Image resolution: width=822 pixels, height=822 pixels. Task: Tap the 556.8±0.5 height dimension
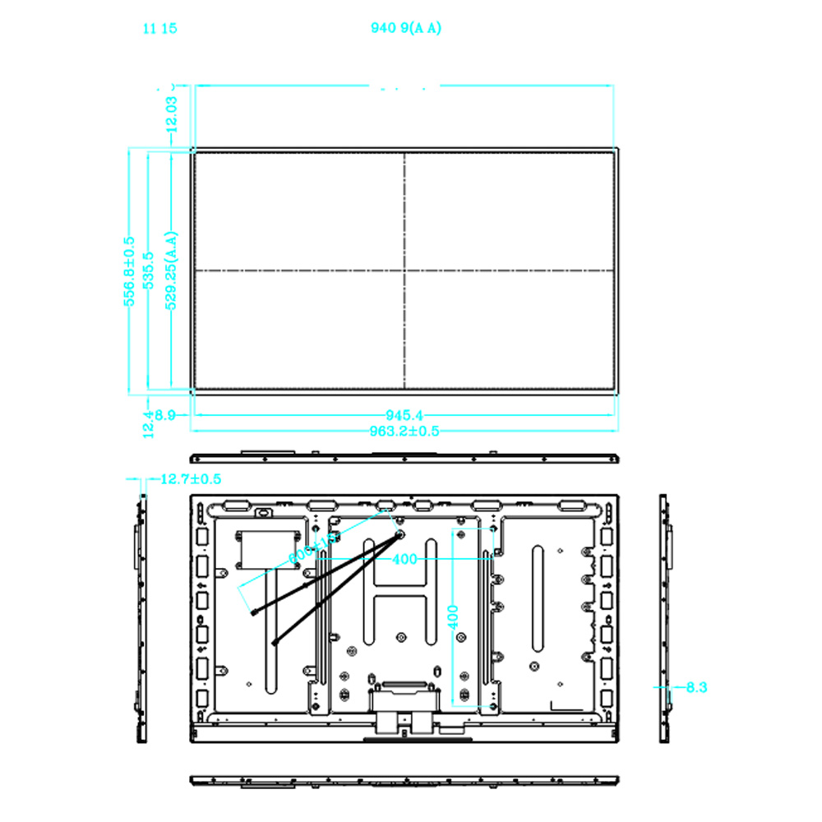(x=129, y=271)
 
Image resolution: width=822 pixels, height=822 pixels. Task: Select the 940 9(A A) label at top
(x=406, y=29)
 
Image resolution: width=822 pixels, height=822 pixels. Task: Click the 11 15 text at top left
(x=159, y=29)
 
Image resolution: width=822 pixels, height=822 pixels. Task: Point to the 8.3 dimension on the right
(x=695, y=686)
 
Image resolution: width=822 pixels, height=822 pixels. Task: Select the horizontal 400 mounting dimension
(x=404, y=559)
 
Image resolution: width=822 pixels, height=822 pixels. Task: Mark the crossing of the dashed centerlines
(x=404, y=270)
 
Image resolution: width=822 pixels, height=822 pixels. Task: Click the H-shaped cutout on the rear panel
(x=400, y=585)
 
